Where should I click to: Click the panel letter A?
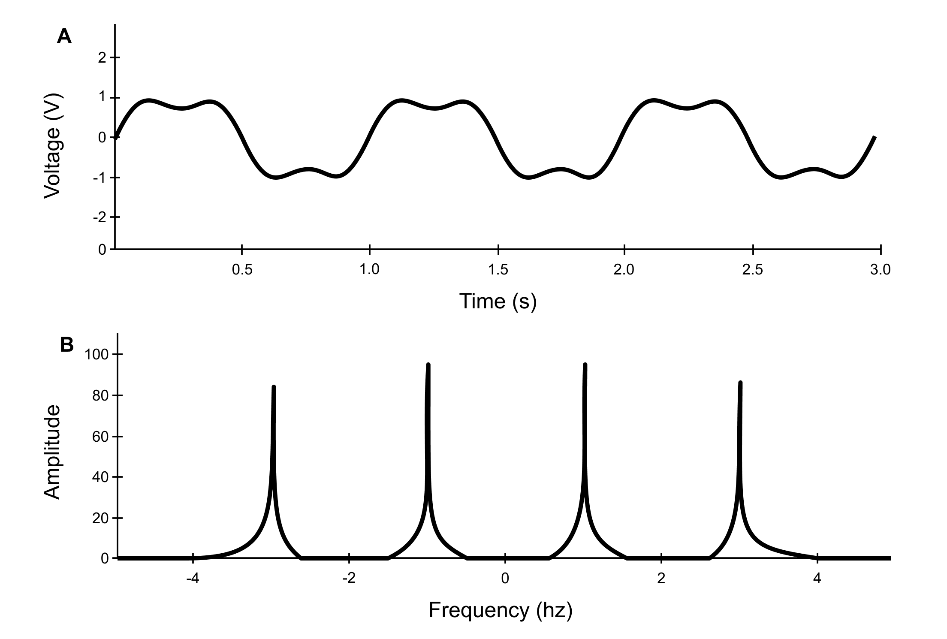click(x=64, y=36)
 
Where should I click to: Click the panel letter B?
click(x=66, y=344)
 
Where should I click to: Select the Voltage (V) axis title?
click(x=53, y=146)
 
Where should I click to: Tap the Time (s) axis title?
click(x=498, y=301)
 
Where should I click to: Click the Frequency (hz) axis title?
click(x=501, y=610)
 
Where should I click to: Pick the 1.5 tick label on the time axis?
click(x=498, y=270)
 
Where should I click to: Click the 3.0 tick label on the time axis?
click(x=880, y=270)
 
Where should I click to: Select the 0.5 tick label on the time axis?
click(x=242, y=270)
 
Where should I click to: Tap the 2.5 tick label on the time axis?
click(x=753, y=270)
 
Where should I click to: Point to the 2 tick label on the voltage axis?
click(x=102, y=57)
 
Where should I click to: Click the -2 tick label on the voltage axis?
click(x=100, y=217)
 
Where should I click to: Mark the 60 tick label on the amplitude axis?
click(x=101, y=437)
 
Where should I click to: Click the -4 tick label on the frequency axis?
click(x=193, y=579)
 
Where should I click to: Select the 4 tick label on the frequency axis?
click(x=817, y=579)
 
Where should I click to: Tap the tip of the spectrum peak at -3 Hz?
click(x=274, y=387)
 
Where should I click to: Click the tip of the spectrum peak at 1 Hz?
click(x=585, y=365)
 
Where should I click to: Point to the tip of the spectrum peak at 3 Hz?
click(x=740, y=383)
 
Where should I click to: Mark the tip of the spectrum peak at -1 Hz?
click(x=428, y=365)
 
